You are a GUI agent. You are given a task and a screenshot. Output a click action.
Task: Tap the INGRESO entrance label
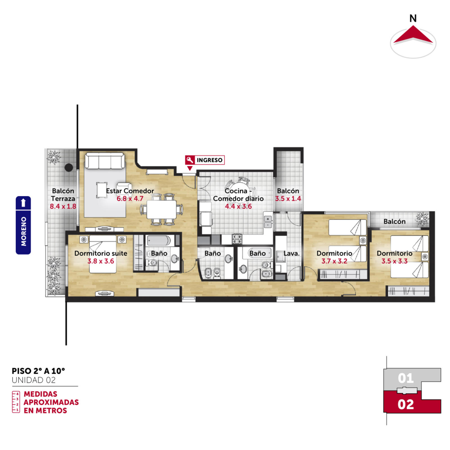[x=210, y=160]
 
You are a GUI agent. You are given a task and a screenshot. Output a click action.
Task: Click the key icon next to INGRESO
[x=190, y=160]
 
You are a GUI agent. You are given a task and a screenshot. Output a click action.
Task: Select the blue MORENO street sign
[x=23, y=225]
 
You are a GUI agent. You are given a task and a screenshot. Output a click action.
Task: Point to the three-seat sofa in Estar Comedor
[x=105, y=161]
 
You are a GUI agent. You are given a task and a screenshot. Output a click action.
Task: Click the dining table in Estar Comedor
[x=161, y=209]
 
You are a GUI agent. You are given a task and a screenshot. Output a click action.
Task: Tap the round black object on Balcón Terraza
[x=69, y=168]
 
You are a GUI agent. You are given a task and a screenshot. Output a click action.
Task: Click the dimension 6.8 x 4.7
[x=130, y=199]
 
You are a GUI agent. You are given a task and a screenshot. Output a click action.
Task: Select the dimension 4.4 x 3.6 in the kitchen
[x=238, y=206]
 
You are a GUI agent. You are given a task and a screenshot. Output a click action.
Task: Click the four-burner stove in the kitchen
[x=237, y=239]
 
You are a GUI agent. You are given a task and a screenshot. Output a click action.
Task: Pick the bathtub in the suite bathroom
[x=159, y=241]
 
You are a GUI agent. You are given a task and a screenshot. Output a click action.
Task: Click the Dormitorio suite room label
[x=101, y=253]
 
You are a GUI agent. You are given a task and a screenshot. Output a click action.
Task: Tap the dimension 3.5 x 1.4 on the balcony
[x=288, y=199]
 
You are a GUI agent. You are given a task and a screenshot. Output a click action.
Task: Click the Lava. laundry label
[x=291, y=253]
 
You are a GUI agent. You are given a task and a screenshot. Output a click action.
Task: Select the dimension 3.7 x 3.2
[x=334, y=261]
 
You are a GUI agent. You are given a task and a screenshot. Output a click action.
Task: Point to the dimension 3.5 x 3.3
[x=395, y=261]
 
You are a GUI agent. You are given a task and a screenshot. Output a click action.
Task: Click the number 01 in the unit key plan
[x=406, y=378]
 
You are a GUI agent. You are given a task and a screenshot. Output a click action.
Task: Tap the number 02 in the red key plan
[x=406, y=404]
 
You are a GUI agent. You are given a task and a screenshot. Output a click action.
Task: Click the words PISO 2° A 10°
[x=38, y=371]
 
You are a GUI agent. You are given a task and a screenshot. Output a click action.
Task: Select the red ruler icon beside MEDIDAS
[x=16, y=402]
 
